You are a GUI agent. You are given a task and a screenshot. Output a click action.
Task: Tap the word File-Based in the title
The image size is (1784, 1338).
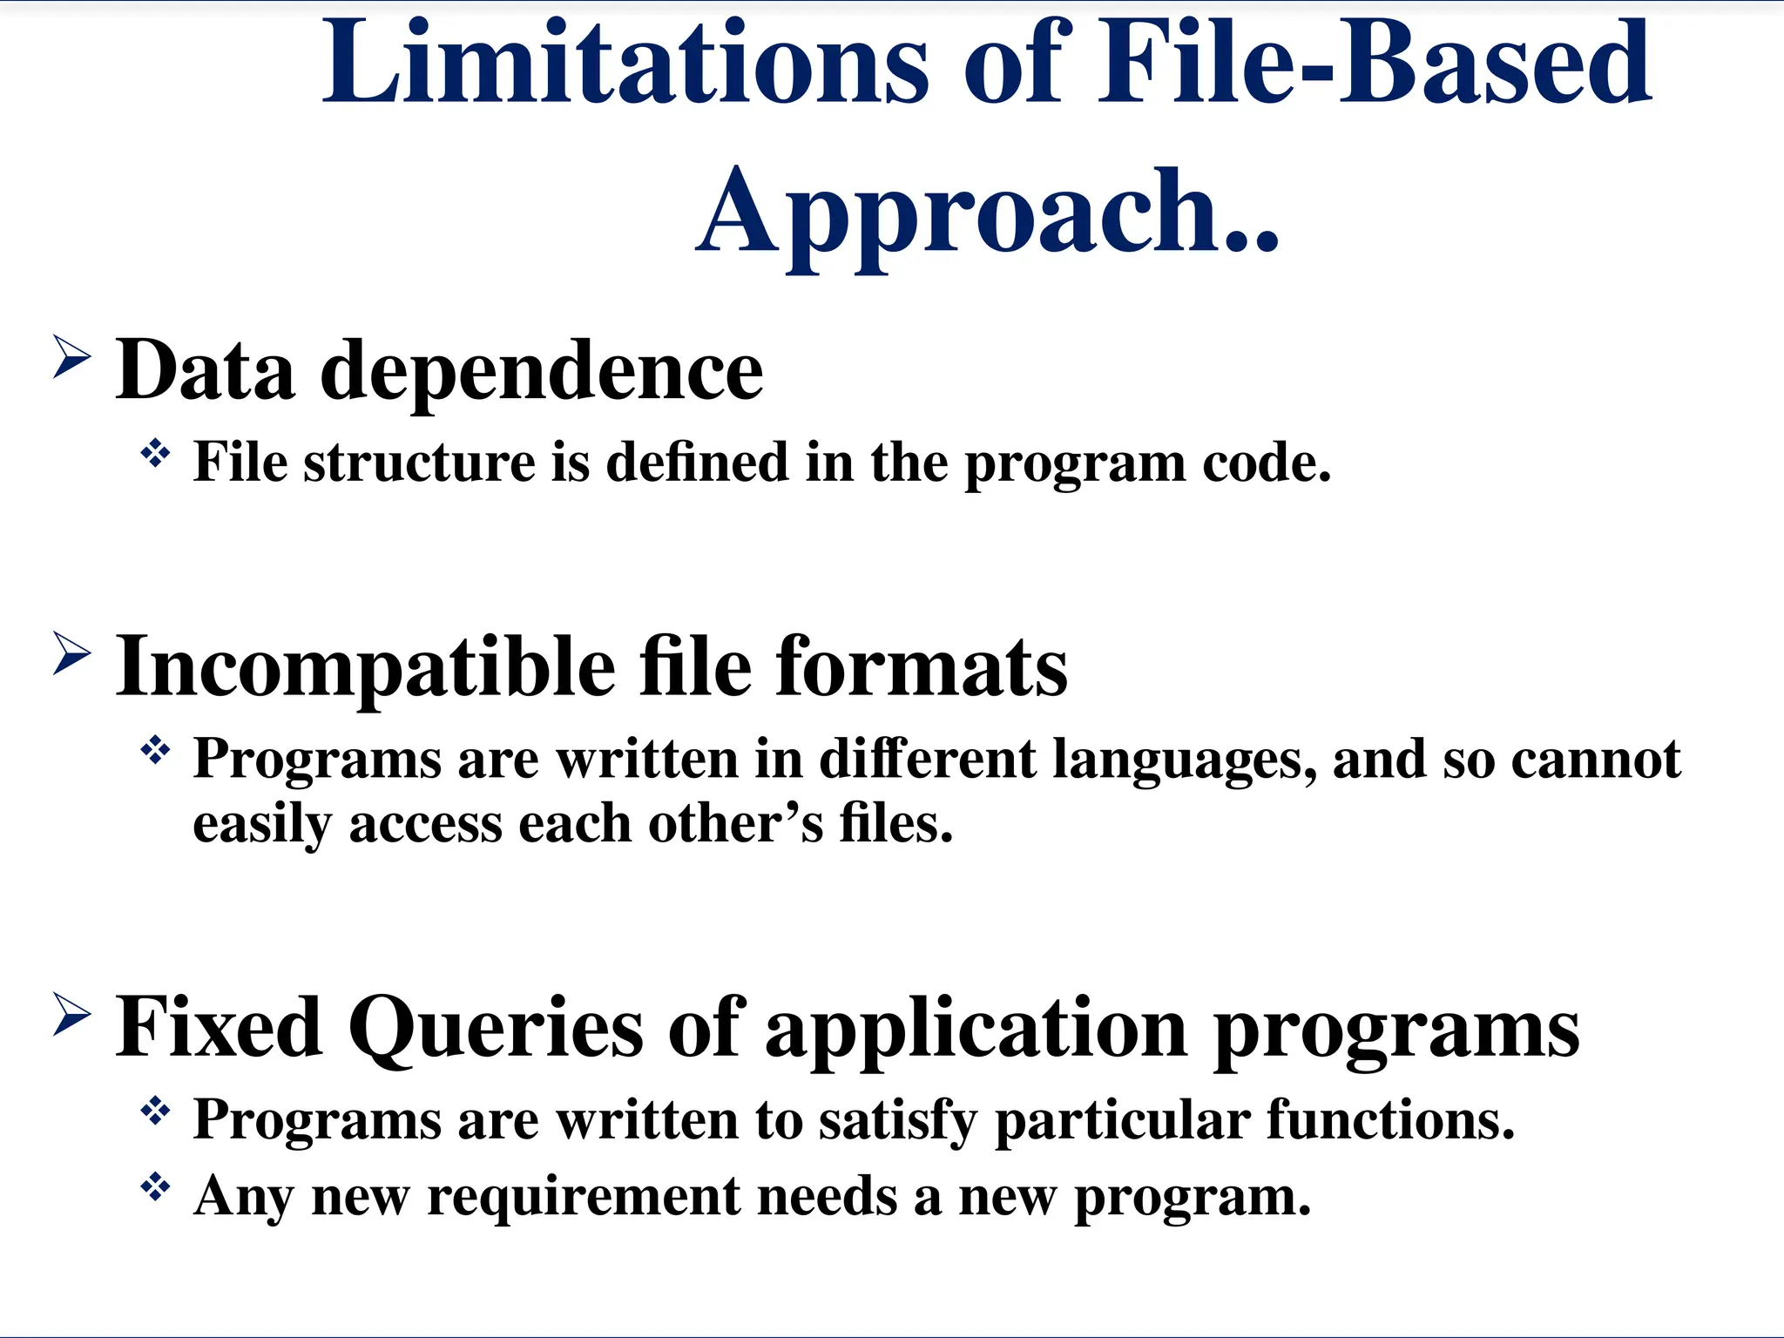click(1373, 65)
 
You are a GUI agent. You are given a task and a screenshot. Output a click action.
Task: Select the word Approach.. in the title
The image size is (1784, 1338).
click(988, 213)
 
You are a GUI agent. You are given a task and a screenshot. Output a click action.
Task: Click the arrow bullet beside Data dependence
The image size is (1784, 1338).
click(71, 357)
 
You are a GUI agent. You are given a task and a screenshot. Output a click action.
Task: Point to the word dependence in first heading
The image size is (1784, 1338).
click(542, 371)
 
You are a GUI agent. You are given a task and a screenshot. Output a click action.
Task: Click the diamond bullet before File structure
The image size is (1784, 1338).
click(155, 453)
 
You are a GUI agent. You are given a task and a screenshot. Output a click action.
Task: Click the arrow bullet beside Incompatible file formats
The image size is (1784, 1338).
click(71, 653)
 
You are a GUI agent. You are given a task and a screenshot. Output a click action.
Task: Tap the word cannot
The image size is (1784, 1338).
click(1596, 760)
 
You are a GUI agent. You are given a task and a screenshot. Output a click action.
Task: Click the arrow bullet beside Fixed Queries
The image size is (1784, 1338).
click(71, 1015)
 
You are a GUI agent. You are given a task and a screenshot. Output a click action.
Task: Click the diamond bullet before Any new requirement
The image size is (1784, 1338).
click(155, 1187)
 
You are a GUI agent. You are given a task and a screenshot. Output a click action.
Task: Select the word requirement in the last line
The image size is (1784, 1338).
click(583, 1198)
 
